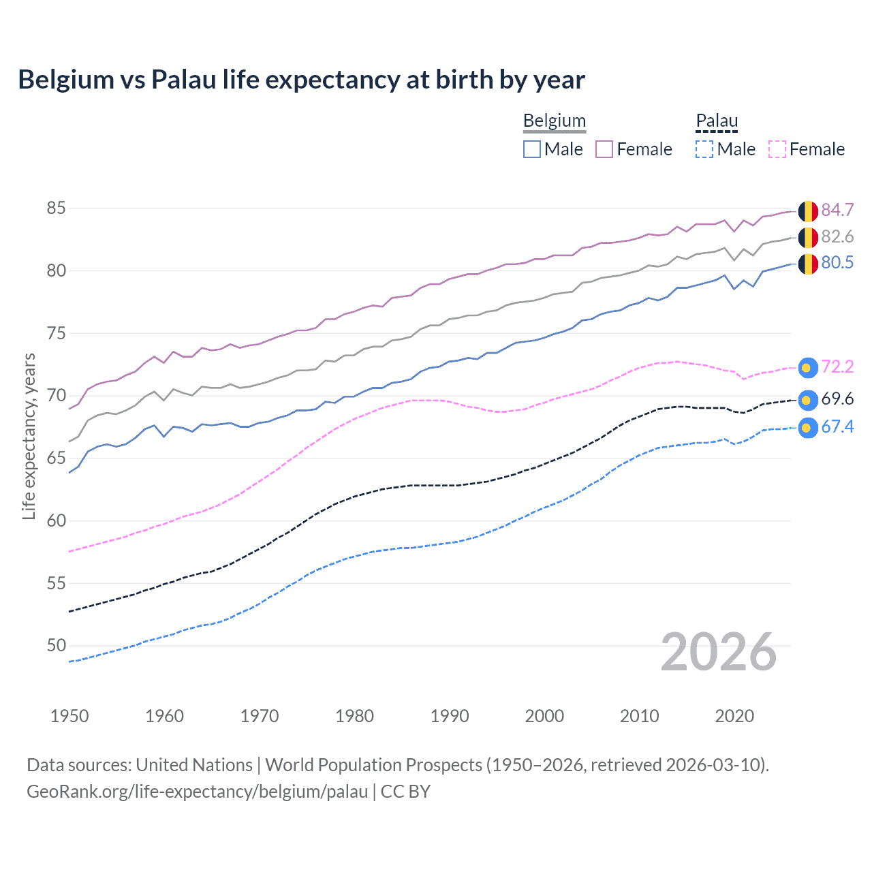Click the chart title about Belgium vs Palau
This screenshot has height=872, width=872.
[x=301, y=80]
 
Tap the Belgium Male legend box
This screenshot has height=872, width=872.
[x=532, y=149]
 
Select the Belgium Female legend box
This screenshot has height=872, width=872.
[x=604, y=149]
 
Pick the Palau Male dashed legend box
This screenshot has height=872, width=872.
[x=704, y=149]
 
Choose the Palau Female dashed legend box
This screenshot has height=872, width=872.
[x=777, y=149]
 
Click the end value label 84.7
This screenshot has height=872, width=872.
[x=837, y=211]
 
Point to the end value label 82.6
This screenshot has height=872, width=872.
[x=837, y=237]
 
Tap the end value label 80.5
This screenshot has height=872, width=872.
[x=837, y=263]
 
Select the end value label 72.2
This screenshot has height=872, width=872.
[x=837, y=367]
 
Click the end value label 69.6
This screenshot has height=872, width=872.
[x=837, y=399]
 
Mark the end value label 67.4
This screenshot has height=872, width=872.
[x=837, y=427]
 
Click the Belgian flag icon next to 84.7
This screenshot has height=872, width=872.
[x=808, y=211]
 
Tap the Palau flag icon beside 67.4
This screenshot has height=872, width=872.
[x=807, y=428]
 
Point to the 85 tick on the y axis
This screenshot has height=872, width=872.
[x=56, y=208]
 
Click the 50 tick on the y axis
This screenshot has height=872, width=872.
[x=56, y=646]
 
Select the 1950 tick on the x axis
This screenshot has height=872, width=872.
[x=69, y=716]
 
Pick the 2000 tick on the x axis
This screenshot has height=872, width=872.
[x=544, y=716]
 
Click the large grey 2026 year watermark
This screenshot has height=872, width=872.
[x=719, y=653]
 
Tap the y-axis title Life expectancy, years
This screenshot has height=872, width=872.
[x=29, y=437]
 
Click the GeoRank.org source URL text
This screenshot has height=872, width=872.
[x=197, y=792]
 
